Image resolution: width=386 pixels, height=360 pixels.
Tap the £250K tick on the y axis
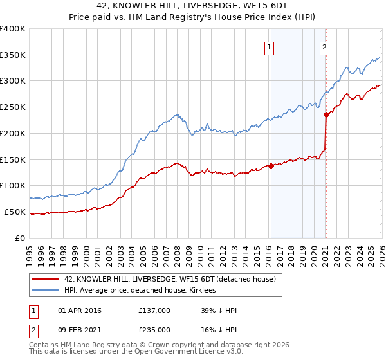tap(13, 107)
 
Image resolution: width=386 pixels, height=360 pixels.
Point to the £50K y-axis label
tap(15, 212)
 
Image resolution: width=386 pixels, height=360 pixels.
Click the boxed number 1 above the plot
tap(268, 46)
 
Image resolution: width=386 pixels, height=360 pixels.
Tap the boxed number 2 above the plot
tap(325, 46)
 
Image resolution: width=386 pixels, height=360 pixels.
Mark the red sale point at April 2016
tap(271, 166)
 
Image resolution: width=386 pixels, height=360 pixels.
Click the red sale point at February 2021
tap(326, 115)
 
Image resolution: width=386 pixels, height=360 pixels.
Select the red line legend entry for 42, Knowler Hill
tap(170, 279)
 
